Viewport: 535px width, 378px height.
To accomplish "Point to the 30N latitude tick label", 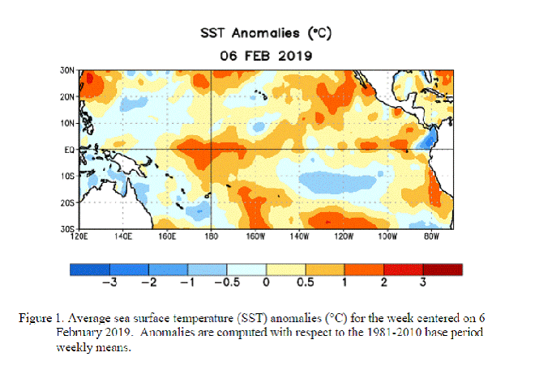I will [67, 70].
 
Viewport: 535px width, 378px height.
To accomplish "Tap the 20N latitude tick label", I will [67, 96].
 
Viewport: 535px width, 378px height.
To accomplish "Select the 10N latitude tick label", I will [67, 123].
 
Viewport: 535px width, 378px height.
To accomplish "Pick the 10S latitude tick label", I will [67, 176].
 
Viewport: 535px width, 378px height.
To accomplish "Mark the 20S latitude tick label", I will [67, 202].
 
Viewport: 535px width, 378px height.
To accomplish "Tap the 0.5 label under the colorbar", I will [306, 282].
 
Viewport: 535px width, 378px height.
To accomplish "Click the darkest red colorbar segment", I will [443, 269].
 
